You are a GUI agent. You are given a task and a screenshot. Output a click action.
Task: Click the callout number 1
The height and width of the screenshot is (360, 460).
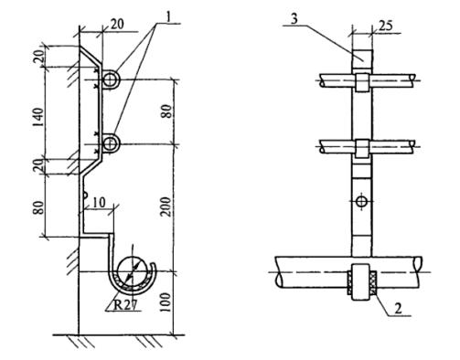[168, 17]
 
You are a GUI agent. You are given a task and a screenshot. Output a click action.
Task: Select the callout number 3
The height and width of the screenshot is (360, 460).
[294, 19]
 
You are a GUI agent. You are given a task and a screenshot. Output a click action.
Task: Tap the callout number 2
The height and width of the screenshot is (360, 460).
[398, 308]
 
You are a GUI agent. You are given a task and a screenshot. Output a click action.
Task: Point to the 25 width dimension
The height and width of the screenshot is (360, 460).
[386, 26]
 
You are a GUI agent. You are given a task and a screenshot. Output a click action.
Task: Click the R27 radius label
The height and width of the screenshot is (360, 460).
[124, 304]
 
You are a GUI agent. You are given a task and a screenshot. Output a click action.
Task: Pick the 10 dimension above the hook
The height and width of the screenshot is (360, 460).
[99, 202]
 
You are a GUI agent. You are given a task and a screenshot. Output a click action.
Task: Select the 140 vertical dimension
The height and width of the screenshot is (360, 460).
[38, 117]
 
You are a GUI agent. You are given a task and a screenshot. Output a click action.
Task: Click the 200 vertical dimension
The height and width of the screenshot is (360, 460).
[166, 206]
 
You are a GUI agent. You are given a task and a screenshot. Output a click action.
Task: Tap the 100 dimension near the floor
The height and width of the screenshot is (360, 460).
[166, 302]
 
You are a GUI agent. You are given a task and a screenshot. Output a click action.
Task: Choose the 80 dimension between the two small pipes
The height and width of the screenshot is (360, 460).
[166, 111]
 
